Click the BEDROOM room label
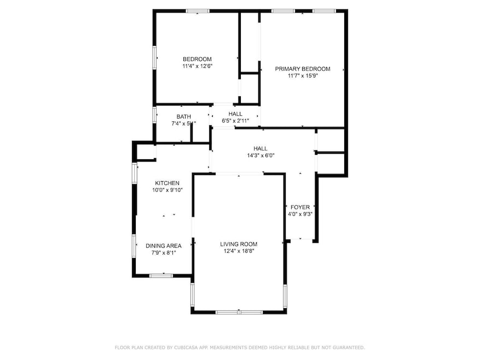(x=197, y=59)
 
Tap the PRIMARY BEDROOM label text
(x=302, y=69)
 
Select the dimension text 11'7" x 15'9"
(x=303, y=76)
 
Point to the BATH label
(x=183, y=117)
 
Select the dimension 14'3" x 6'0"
(x=260, y=155)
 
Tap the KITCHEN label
(x=167, y=183)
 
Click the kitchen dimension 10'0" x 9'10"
(x=167, y=190)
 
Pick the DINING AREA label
(x=163, y=246)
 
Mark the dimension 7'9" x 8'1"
(x=163, y=253)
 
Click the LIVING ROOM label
(x=239, y=244)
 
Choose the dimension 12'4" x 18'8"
(x=239, y=251)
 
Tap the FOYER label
(x=300, y=207)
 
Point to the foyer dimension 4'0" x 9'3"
(x=300, y=214)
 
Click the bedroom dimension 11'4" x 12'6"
(x=197, y=66)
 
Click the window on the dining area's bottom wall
(x=161, y=275)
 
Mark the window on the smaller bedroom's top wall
(x=197, y=10)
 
